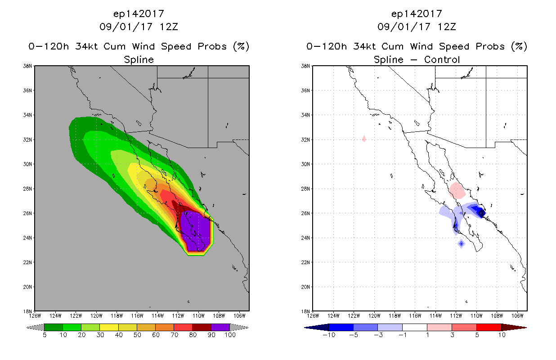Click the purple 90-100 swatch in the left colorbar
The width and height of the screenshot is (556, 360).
220,327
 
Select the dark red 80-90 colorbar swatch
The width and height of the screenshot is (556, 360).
202,327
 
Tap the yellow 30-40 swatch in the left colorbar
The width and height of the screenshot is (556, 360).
109,327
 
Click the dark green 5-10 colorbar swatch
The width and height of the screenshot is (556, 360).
54,327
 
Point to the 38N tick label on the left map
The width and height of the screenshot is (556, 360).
27,66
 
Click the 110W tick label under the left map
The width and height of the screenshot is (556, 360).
198,316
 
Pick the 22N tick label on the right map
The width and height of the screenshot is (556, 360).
305,262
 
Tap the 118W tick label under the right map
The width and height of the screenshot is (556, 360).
395,316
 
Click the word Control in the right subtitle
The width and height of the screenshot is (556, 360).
442,60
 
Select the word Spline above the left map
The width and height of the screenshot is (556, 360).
139,60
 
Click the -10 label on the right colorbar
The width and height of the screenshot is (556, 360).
329,335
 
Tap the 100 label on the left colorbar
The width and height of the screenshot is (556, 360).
230,335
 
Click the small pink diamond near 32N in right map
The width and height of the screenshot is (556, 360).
364,139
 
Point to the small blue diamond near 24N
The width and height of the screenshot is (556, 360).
461,243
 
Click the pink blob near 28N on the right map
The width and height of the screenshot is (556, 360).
457,190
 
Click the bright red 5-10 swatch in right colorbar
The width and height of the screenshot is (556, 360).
489,327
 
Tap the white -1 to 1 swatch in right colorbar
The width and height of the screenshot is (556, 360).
415,327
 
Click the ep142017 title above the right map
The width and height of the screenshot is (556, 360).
417,14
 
